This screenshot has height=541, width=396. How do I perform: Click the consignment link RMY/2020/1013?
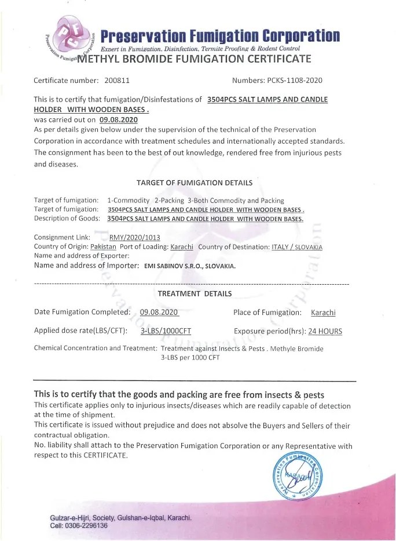point(134,237)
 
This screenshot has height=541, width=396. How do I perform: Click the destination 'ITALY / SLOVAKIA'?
point(297,246)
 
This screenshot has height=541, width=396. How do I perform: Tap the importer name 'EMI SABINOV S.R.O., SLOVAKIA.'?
point(189,266)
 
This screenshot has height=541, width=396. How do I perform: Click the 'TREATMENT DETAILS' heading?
point(195,293)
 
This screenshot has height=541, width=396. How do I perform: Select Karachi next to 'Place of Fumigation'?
point(323,313)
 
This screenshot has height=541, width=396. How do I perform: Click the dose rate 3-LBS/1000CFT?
point(166,331)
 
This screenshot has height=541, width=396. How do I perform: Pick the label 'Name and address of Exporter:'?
point(82,255)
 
